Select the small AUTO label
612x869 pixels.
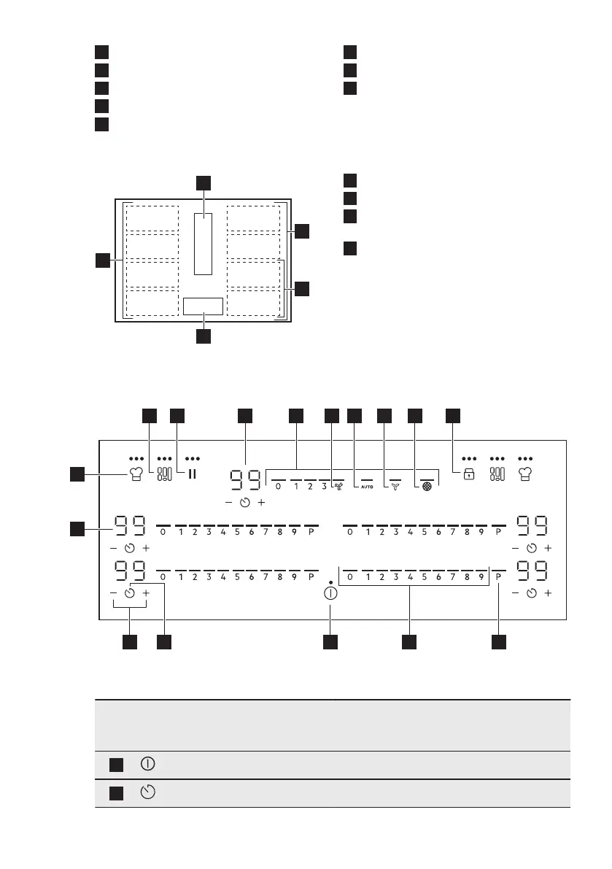coord(366,486)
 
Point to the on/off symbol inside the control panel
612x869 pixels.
coord(331,592)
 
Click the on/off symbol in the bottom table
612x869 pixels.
coord(148,765)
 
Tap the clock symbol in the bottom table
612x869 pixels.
coord(148,793)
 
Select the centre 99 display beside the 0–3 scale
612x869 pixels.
coord(245,479)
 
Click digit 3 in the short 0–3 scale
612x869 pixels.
coord(323,486)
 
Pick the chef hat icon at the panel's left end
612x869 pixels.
coord(133,474)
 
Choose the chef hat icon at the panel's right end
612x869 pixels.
coord(526,474)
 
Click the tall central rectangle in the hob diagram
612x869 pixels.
coord(204,244)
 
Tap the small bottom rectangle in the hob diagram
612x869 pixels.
coord(203,306)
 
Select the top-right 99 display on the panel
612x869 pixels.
coord(532,525)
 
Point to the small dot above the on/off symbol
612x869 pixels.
coord(331,582)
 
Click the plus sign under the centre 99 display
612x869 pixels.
coord(261,503)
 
